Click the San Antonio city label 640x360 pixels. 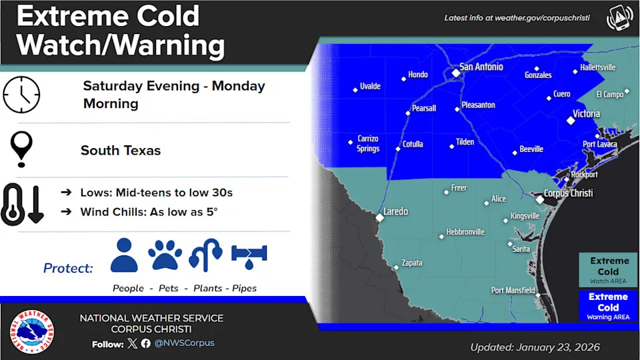point(481,67)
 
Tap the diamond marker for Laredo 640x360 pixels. point(379,217)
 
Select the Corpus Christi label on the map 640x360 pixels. point(568,193)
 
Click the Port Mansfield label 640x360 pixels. point(513,290)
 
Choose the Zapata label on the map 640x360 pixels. point(412,263)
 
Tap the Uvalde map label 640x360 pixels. point(370,87)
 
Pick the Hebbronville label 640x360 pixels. point(465,232)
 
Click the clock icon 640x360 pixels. point(21,94)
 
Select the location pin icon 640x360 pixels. point(22,148)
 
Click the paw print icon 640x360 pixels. point(165,254)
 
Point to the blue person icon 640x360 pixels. point(124,254)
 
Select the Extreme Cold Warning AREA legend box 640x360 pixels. point(608,305)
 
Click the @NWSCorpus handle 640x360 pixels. point(184,343)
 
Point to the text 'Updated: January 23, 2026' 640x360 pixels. point(535,347)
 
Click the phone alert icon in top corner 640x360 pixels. point(619,18)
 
